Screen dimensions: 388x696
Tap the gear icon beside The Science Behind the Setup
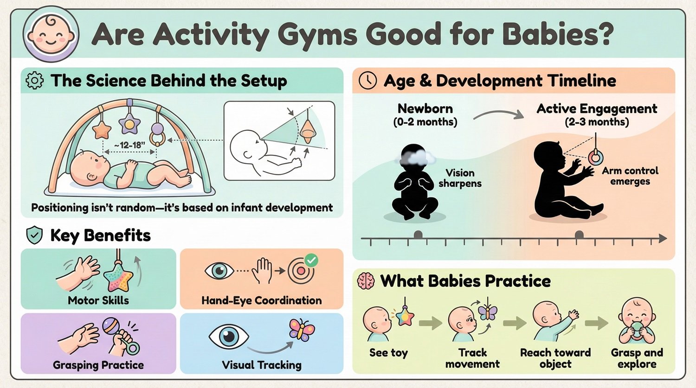[35, 81]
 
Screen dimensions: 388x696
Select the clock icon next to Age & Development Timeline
[367, 81]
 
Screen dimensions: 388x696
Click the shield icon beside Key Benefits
[34, 235]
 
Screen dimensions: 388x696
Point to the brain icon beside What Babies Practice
[366, 281]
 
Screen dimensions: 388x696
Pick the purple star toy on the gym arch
[129, 124]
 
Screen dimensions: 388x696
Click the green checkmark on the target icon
[311, 260]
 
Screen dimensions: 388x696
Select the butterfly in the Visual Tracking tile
[302, 330]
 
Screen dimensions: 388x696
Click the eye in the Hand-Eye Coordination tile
[219, 271]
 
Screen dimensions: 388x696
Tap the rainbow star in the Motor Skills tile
[118, 278]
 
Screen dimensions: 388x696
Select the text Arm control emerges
[630, 176]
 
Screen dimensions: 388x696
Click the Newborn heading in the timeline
[425, 108]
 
